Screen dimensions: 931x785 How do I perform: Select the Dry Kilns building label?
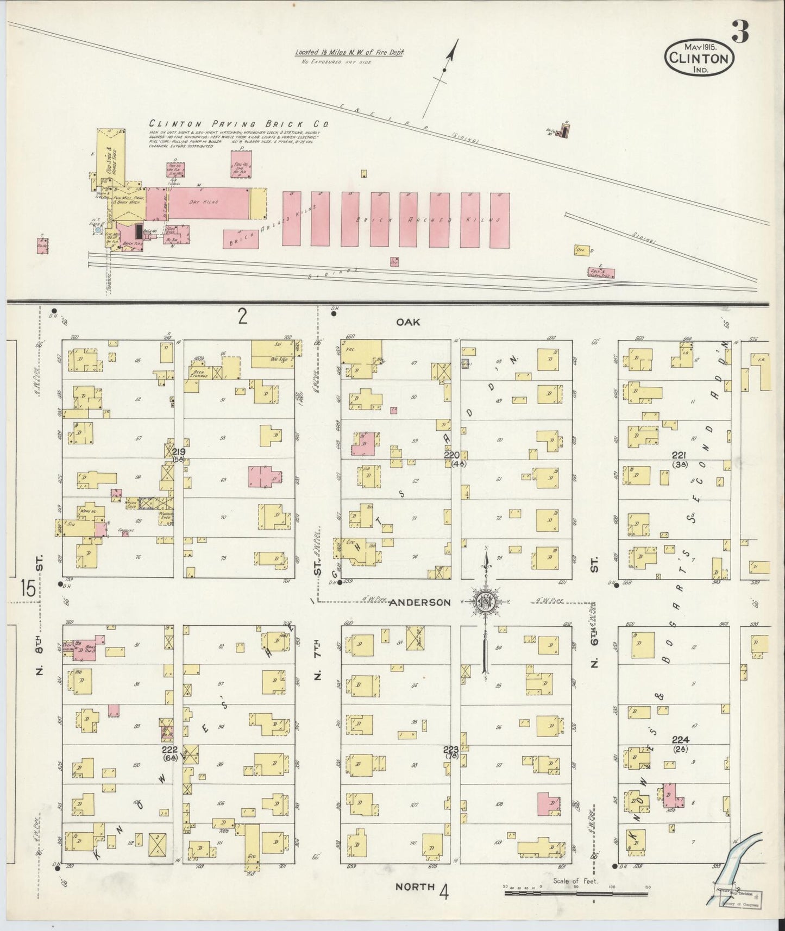(x=208, y=202)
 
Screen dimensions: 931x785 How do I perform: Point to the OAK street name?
(x=409, y=322)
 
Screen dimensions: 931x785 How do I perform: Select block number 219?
(x=178, y=452)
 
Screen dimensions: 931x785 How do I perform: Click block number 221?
(x=680, y=455)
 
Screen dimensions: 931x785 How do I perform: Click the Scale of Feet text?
(x=575, y=881)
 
